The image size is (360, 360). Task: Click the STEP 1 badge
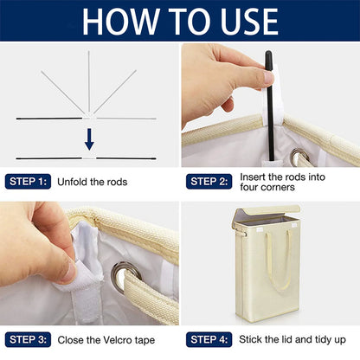(x=26, y=182)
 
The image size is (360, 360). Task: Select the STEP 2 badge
(x=208, y=182)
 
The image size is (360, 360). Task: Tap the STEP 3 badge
(x=26, y=339)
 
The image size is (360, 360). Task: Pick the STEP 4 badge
(x=208, y=339)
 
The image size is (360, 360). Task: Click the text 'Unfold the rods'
(x=93, y=182)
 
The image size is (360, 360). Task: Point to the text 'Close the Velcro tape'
(x=108, y=339)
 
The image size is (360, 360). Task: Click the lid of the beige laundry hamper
(x=266, y=213)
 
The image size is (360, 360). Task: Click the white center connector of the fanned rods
(x=89, y=113)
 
